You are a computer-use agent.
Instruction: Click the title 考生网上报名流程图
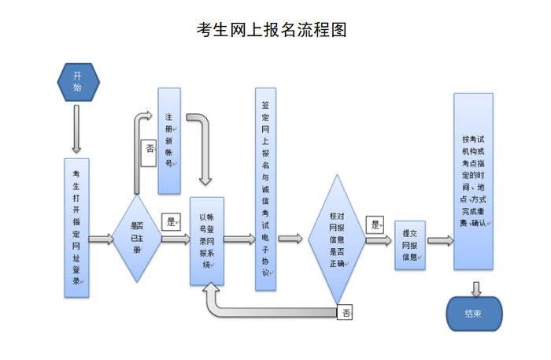coord(271,30)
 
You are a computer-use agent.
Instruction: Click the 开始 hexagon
coord(77,82)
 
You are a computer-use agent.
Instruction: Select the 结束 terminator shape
coord(473,314)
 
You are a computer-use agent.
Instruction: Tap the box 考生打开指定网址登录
coord(76,228)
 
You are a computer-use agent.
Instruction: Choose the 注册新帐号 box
coord(169,141)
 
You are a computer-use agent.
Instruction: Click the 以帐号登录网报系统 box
coord(207,240)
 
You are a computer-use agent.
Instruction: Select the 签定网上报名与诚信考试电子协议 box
coord(265,189)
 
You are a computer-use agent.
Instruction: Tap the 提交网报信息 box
coord(409,245)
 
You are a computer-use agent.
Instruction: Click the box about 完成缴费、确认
coord(474,181)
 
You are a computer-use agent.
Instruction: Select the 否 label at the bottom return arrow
coord(346,313)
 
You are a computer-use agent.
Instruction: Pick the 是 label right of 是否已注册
coord(171,221)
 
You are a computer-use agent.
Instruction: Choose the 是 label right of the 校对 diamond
coord(376,225)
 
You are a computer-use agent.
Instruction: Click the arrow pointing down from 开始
coord(76,128)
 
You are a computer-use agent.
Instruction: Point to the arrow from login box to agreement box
coord(240,239)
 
